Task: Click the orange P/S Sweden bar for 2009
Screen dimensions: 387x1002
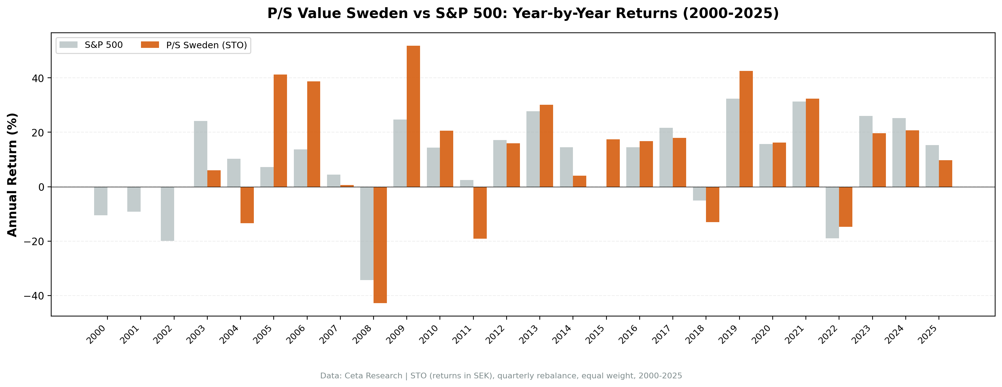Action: tap(413, 116)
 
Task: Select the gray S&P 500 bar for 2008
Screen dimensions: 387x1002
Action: tap(366, 233)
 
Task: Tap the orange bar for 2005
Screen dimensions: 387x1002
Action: tap(280, 131)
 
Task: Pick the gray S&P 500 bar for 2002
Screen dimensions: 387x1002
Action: tap(167, 214)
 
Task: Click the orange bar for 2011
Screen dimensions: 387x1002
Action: tap(480, 212)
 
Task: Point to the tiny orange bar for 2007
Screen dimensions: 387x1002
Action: tap(346, 186)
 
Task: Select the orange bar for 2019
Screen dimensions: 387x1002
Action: tap(746, 129)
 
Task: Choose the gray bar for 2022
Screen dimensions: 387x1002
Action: tap(832, 212)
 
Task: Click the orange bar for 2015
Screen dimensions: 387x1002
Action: tap(613, 163)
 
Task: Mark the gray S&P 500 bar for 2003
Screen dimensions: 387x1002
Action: tap(200, 154)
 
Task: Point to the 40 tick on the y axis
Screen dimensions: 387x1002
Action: tap(38, 78)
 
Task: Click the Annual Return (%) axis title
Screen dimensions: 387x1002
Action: tap(13, 175)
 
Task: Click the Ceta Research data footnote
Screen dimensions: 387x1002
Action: tap(501, 376)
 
